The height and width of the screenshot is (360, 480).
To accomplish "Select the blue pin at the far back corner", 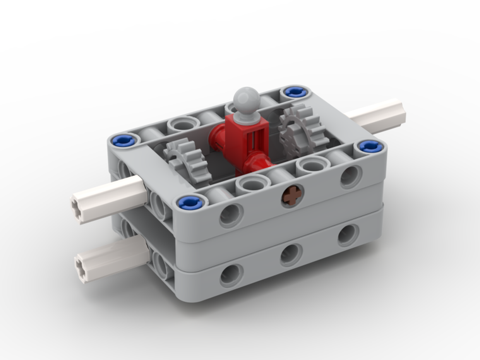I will pos(293,91).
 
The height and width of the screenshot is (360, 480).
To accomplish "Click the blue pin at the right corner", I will pos(371,146).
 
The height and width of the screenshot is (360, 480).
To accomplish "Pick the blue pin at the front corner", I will pos(188,202).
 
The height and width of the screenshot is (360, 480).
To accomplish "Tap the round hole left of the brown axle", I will pos(231,215).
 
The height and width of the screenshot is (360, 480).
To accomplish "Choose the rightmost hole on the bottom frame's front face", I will pos(348,235).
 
